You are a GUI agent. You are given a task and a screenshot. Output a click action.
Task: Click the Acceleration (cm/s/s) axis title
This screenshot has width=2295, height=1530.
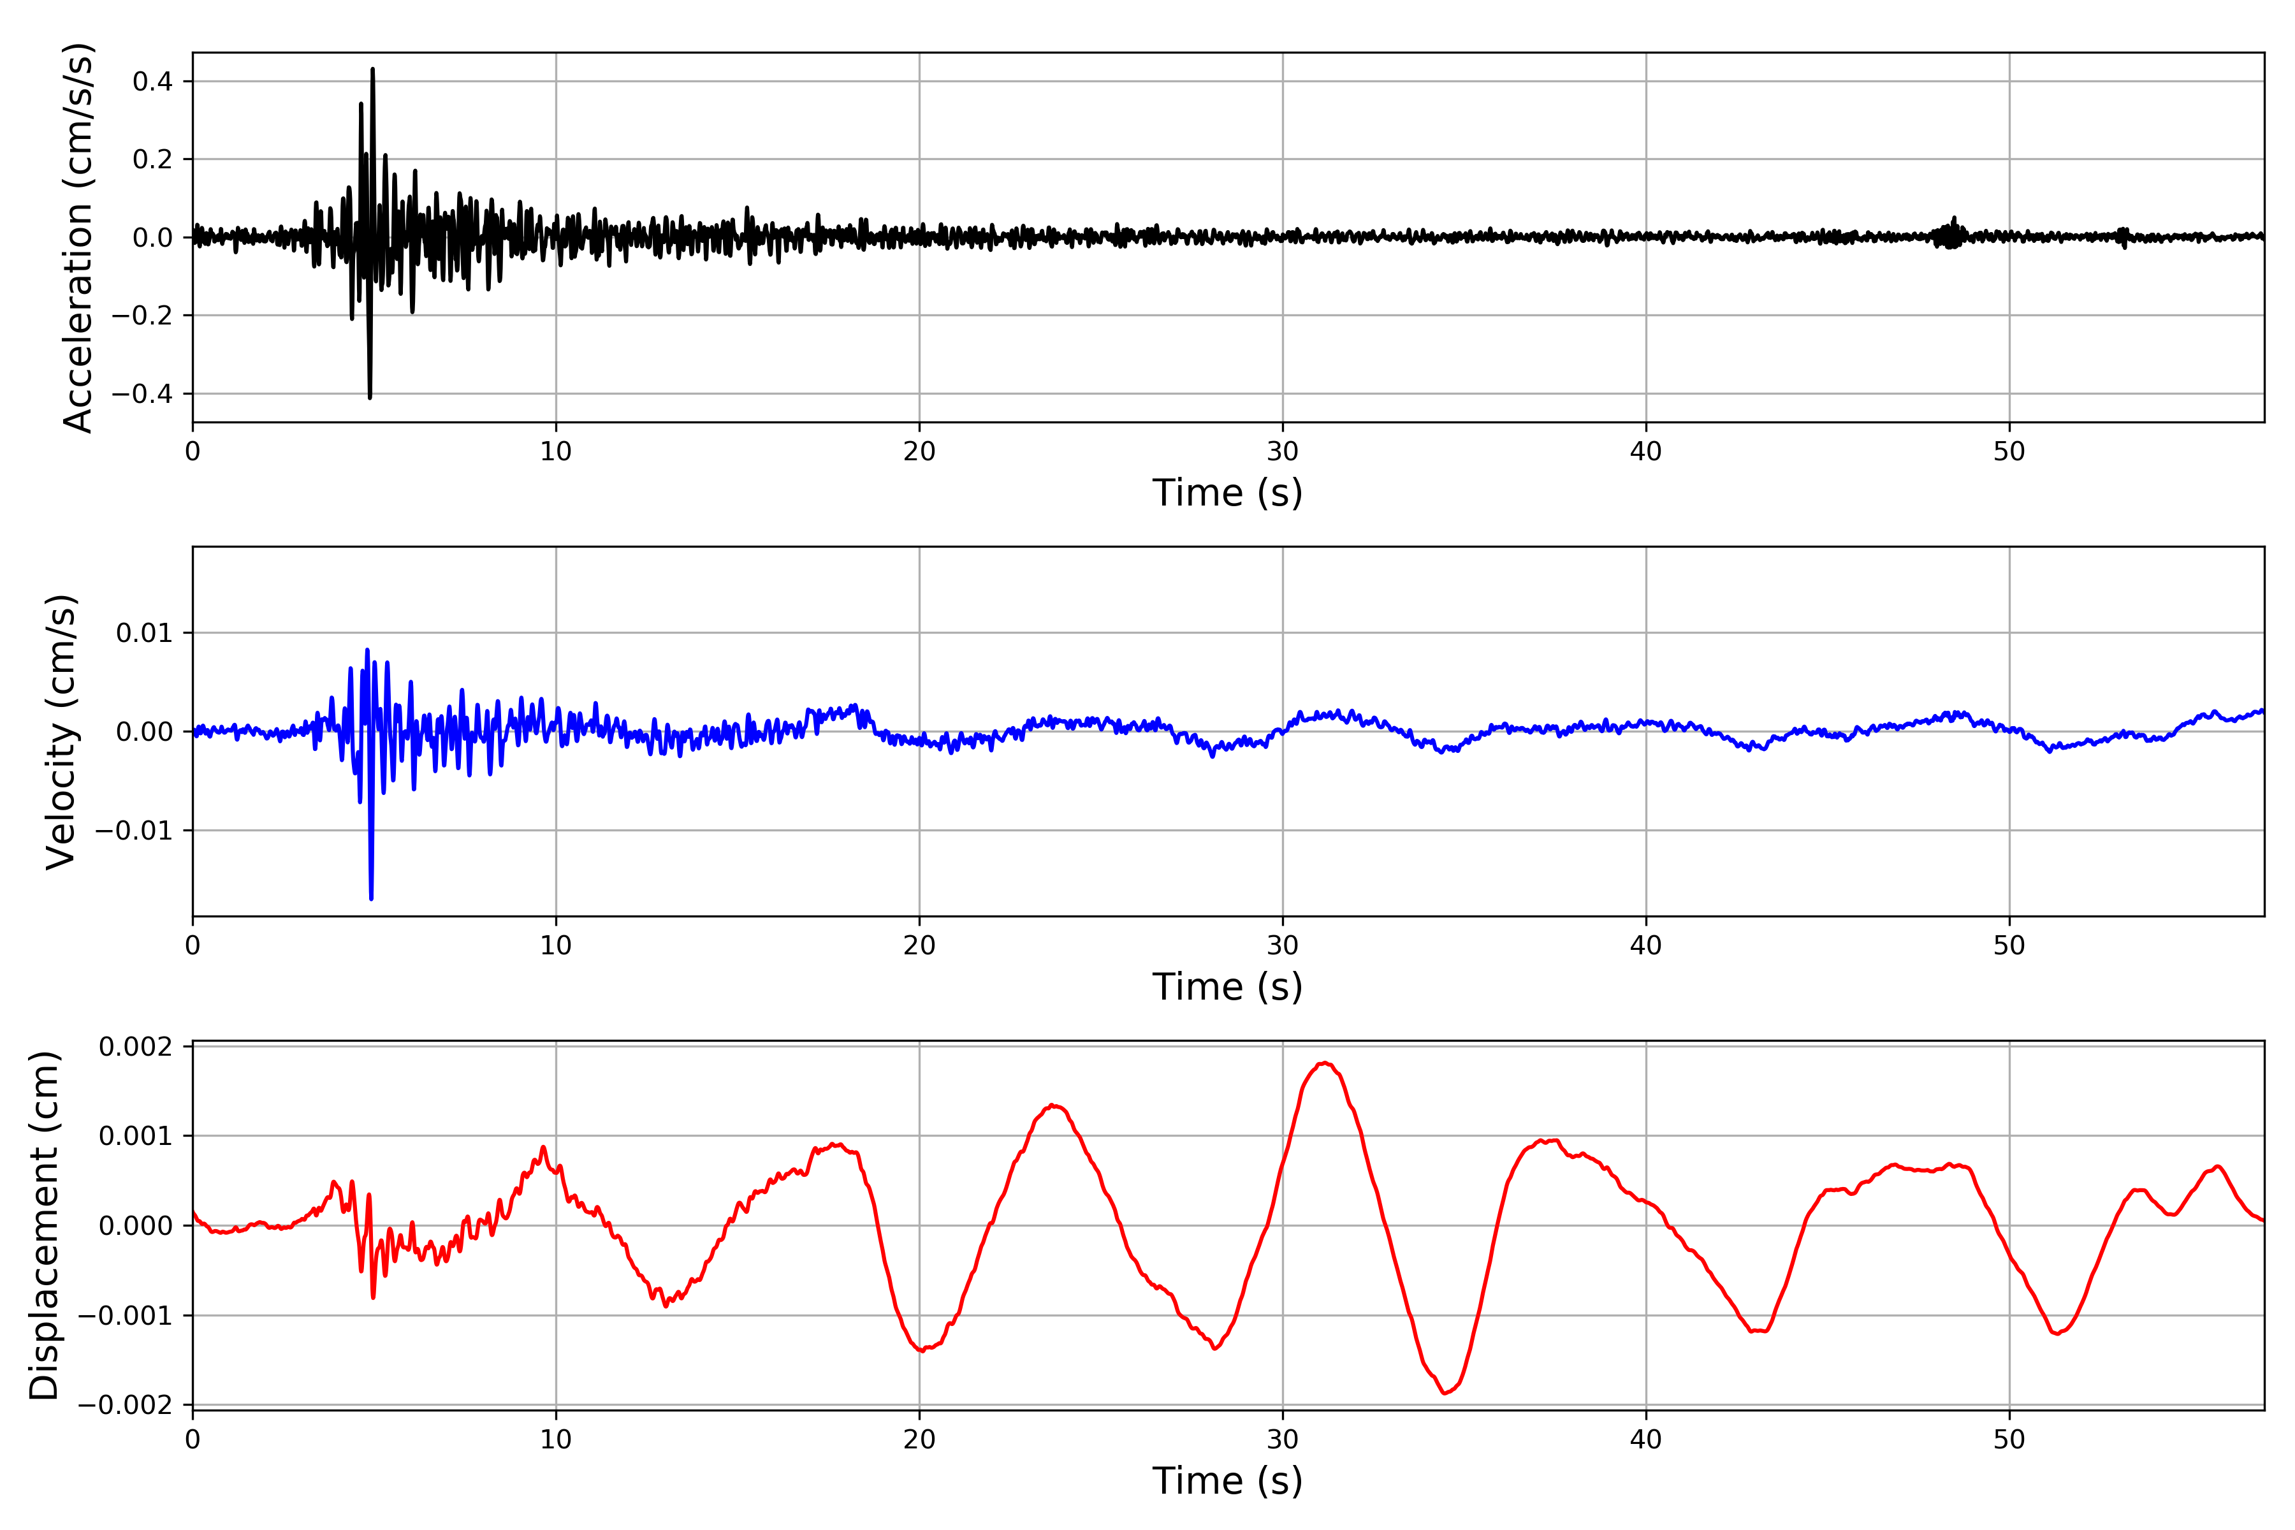[x=78, y=237]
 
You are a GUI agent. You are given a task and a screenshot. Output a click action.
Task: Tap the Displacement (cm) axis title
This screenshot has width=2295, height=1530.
[x=44, y=1225]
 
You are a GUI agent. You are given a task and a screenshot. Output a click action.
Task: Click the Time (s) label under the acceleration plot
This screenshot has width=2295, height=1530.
[x=1227, y=493]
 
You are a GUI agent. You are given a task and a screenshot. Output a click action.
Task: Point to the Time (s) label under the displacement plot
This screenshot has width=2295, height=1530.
[x=1227, y=1480]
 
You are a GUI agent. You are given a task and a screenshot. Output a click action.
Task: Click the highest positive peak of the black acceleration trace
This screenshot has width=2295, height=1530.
[x=373, y=70]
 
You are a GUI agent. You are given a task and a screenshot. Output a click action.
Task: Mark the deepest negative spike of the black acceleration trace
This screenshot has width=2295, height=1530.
[x=370, y=396]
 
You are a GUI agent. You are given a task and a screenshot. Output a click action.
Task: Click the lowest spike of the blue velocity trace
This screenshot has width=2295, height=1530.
[x=371, y=897]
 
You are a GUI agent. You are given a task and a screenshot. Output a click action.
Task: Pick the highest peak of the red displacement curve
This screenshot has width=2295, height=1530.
[x=1324, y=1063]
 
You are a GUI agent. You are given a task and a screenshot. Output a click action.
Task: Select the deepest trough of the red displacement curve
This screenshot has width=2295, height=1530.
[x=1446, y=1392]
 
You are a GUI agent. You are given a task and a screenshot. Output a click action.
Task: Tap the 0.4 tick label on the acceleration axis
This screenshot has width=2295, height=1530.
[x=152, y=81]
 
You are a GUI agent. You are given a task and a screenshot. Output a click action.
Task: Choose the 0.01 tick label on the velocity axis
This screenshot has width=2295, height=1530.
[x=145, y=633]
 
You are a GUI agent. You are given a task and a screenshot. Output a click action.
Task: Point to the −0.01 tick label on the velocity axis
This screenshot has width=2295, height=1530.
[x=133, y=831]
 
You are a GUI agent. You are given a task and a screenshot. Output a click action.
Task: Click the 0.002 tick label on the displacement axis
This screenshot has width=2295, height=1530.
[x=136, y=1047]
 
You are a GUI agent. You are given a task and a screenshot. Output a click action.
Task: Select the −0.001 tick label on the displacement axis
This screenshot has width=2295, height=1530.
[x=124, y=1315]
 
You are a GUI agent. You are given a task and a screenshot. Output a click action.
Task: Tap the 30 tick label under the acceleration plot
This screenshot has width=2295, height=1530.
[x=1282, y=452]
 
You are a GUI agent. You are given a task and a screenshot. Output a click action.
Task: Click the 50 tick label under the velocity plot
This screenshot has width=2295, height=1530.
[x=2009, y=945]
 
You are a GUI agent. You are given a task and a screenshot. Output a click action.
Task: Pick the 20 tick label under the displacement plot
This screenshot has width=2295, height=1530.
[x=919, y=1439]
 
